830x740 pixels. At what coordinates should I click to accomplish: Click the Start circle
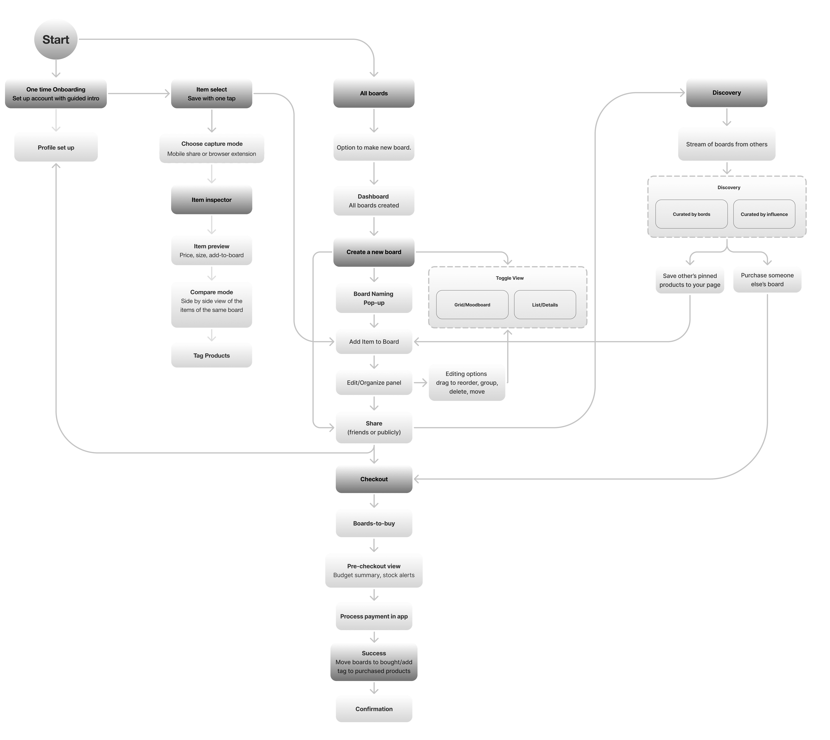coord(56,39)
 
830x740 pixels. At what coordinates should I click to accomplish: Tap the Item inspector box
coord(211,200)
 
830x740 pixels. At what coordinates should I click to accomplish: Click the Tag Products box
coord(211,355)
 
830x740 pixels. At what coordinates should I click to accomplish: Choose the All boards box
coord(374,93)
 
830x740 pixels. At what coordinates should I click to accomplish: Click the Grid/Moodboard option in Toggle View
coord(472,304)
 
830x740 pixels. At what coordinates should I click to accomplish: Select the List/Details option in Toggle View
coord(545,304)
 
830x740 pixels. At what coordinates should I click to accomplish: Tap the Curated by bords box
coord(691,214)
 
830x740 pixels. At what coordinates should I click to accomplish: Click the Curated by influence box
coord(764,214)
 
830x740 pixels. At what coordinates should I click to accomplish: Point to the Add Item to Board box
coord(374,342)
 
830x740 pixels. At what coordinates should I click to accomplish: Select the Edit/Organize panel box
coord(374,383)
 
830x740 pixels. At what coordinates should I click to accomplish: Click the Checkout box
coord(374,479)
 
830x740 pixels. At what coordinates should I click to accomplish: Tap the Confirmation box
coord(374,709)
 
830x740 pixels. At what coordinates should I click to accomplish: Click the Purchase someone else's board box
coord(767,280)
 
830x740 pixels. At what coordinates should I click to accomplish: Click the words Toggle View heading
coord(510,278)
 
